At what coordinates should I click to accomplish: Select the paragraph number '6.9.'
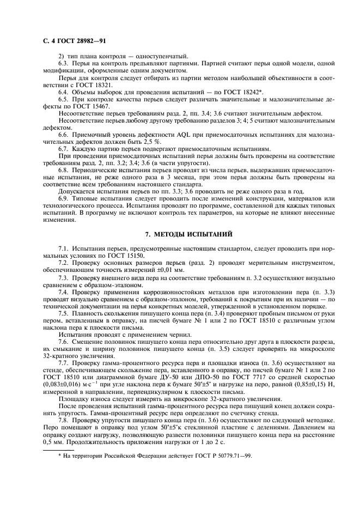(65, 199)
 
